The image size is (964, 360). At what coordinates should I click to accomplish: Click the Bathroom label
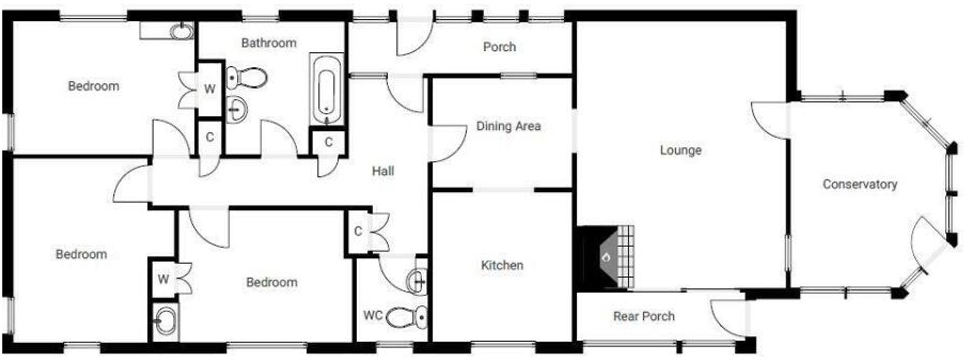268,43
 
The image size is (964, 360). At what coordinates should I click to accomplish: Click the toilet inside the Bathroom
246,78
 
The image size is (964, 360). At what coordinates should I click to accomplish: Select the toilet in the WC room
406,317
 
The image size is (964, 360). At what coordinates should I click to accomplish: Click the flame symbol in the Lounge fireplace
606,258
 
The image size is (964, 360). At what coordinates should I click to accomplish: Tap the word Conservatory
860,184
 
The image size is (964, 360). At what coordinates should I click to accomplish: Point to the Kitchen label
502,265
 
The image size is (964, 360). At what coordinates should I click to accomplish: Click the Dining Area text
508,126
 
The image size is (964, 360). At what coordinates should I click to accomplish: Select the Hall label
383,171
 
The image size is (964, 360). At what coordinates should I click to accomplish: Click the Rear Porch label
644,317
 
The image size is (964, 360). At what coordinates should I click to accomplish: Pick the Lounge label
680,151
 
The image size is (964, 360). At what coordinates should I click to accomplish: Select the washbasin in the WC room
417,280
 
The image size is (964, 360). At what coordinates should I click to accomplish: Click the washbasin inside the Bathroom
236,110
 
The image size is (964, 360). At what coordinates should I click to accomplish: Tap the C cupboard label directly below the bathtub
328,142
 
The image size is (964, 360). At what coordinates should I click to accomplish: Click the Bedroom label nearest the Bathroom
94,86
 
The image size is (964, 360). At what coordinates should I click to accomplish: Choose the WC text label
373,315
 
